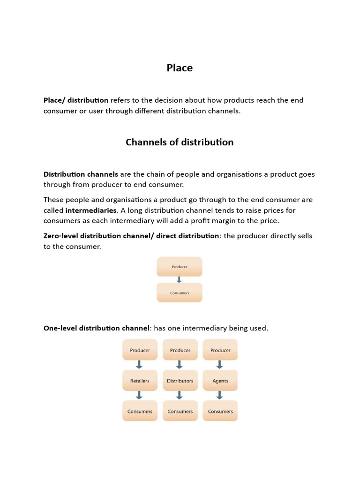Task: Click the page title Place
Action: pos(180,68)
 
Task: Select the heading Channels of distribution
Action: pos(180,142)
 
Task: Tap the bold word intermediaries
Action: pos(91,210)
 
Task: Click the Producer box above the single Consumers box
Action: pos(180,267)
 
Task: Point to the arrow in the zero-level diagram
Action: pos(179,279)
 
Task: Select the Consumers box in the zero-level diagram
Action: pos(180,293)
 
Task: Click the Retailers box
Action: pos(140,381)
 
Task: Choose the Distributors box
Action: pos(180,381)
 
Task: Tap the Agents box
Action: pos(220,381)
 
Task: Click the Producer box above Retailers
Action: pos(140,350)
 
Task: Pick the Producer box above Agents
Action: pos(220,350)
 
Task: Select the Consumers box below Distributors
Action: pos(180,411)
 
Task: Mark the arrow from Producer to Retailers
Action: pos(140,365)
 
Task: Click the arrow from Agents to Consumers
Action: pos(220,396)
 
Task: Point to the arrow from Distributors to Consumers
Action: pos(180,396)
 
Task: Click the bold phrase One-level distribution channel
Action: pos(96,328)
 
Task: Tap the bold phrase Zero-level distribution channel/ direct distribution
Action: pos(131,236)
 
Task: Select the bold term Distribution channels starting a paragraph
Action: pos(81,174)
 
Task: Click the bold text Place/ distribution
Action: pos(76,100)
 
